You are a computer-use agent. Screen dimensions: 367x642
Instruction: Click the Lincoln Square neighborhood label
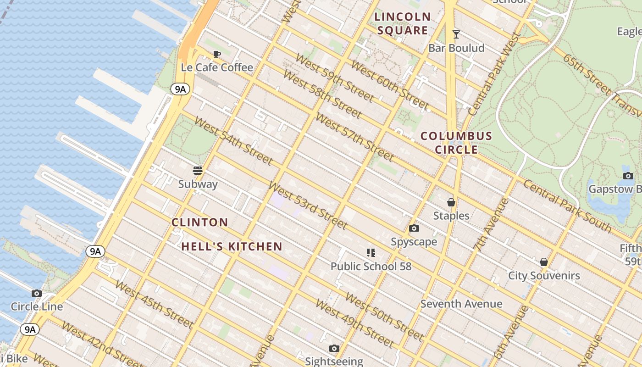pos(403,24)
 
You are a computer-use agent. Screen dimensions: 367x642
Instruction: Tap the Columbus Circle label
pos(456,143)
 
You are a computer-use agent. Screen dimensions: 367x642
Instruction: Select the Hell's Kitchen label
pos(232,247)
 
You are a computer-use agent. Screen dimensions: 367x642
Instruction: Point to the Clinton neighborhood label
pos(200,222)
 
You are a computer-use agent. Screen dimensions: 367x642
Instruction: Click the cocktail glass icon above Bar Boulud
pos(456,34)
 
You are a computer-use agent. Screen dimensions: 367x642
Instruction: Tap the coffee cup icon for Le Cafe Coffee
pos(217,54)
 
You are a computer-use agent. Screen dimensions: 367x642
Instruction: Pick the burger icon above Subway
pos(198,171)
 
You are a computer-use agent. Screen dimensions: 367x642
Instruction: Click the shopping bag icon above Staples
pos(451,202)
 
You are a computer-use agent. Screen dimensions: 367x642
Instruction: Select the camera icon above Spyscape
pos(414,228)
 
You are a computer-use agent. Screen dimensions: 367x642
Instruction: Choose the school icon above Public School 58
pos(371,252)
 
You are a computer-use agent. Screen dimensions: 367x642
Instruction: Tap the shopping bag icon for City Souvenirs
pos(543,262)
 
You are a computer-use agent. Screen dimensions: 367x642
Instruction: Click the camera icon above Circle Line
pos(37,293)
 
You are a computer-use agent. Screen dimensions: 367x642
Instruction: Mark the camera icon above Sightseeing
pos(334,348)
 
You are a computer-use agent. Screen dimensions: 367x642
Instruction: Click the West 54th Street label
pos(233,141)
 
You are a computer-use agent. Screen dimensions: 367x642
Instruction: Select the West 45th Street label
pos(154,304)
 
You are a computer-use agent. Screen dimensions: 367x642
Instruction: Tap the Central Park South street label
pos(567,206)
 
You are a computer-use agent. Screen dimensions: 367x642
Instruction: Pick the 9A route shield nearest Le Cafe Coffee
pos(180,89)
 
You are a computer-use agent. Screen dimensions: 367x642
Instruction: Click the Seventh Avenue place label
pos(461,304)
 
